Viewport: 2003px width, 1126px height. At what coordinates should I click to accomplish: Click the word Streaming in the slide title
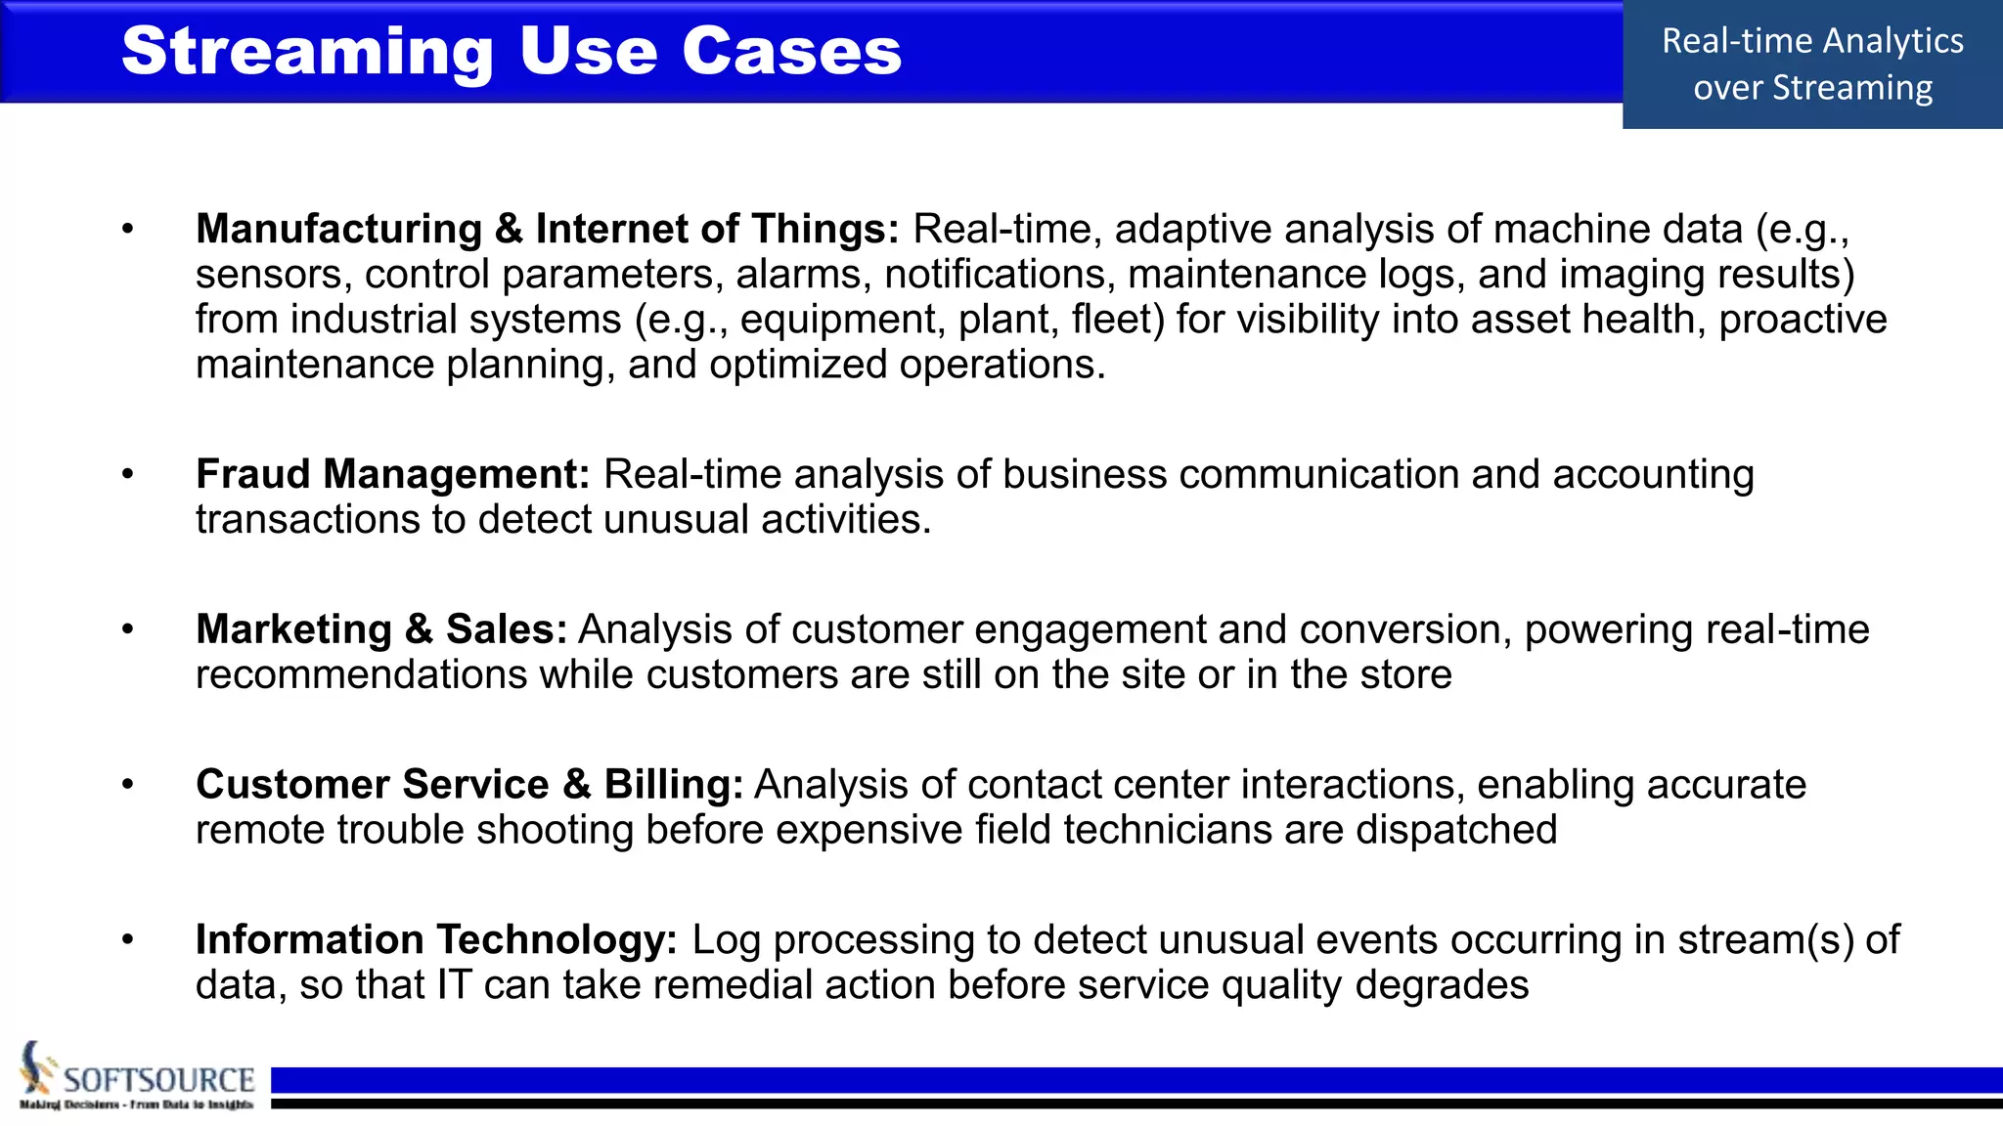[x=307, y=52]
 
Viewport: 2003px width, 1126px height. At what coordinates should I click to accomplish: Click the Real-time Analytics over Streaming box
[x=1812, y=65]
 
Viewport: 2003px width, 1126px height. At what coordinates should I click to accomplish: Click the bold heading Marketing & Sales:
[x=381, y=629]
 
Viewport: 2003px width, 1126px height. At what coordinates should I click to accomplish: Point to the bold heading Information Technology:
[x=436, y=939]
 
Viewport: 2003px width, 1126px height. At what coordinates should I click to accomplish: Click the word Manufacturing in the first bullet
[x=338, y=229]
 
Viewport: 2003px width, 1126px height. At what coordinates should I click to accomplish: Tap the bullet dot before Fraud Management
[x=127, y=474]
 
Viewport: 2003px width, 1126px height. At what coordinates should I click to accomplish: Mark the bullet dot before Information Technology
[x=127, y=939]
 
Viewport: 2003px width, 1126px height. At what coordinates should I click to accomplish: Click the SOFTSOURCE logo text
[x=158, y=1079]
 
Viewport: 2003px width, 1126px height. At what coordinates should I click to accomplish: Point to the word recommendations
[x=361, y=674]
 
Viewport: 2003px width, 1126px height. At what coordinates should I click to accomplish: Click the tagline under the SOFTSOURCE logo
[x=136, y=1104]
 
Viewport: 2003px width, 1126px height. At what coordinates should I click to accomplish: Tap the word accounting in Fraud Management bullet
[x=1652, y=474]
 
